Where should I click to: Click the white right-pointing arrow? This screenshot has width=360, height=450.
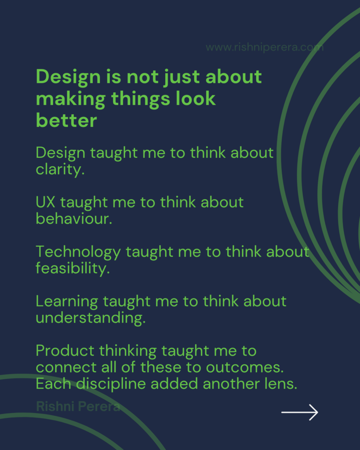coord(299,412)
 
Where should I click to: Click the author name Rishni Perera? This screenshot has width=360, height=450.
coord(78,406)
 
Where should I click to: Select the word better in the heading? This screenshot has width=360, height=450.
coord(66,120)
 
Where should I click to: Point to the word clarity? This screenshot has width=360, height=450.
coord(60,170)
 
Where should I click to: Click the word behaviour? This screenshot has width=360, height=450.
coord(74,219)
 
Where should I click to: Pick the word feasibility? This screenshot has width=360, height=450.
coord(73,269)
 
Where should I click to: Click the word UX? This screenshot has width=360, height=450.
coord(45,202)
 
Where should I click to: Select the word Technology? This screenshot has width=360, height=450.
coord(78,252)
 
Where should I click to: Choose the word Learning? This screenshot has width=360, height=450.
coord(67,302)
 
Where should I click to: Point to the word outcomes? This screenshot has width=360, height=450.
coord(244,368)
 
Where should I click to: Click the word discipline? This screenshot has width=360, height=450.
coord(111,384)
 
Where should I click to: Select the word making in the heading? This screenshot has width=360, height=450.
coord(71,99)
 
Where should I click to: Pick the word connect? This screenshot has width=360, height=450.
coord(66,368)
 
